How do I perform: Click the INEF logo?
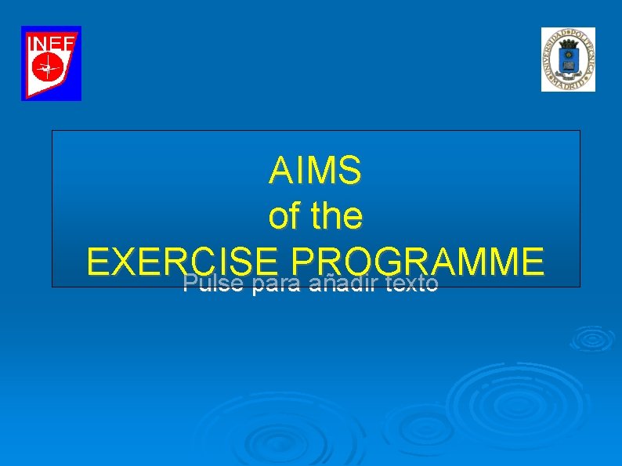point(51,63)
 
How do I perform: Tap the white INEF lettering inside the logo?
point(51,44)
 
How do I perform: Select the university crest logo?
point(568,60)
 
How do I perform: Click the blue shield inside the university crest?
point(568,59)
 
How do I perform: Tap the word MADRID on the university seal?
point(568,84)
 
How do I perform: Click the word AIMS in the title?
point(315,171)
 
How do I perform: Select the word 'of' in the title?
point(284,216)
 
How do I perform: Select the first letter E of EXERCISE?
point(99,261)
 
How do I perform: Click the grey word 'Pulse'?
point(209,284)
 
